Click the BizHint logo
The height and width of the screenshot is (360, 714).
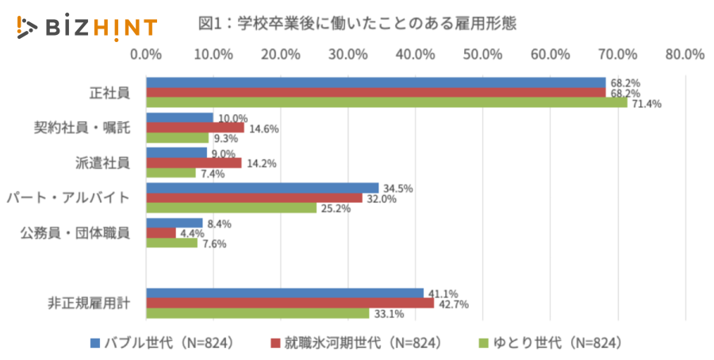point(86,27)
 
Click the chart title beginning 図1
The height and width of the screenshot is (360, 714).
point(357,24)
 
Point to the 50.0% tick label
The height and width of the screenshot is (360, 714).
point(482,55)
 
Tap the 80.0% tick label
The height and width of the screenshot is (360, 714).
point(685,55)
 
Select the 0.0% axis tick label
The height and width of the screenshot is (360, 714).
point(146,55)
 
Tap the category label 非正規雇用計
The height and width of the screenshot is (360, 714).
point(90,303)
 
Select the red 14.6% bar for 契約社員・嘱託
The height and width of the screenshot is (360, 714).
point(195,128)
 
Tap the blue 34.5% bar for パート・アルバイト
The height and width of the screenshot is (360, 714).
point(263,188)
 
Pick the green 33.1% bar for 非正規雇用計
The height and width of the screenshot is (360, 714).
point(258,313)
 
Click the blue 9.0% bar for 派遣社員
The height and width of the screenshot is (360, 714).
point(176,153)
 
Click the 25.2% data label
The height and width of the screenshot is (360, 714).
point(336,209)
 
